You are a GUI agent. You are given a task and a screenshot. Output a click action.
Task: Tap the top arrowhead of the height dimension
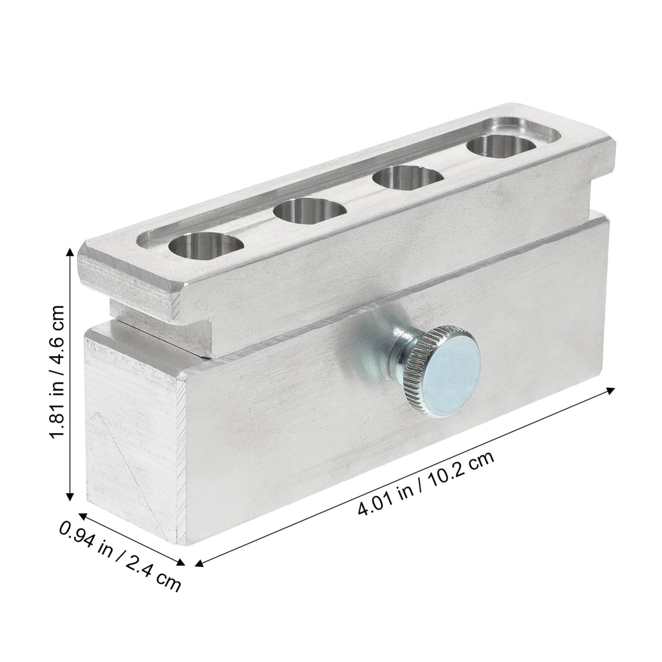click(71, 251)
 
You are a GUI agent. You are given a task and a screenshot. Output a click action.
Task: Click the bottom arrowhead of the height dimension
click(71, 497)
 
